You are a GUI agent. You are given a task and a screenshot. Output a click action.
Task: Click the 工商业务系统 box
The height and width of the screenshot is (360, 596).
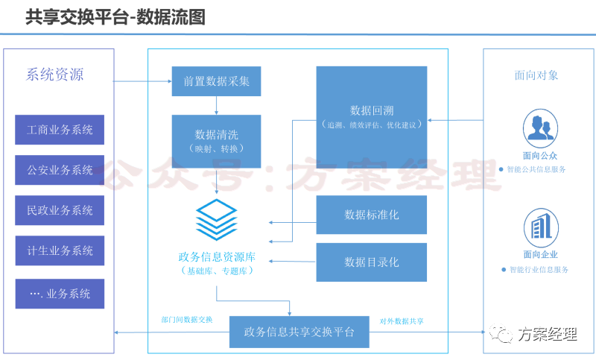tap(60, 130)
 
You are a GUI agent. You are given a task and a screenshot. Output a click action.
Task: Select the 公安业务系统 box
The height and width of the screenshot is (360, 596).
tap(60, 170)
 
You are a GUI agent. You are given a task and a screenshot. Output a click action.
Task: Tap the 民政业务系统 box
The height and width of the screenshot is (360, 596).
tap(60, 210)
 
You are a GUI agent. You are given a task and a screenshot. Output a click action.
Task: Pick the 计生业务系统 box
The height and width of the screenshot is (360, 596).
tap(60, 250)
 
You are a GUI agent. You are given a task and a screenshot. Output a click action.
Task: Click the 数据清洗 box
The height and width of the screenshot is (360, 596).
tap(216, 141)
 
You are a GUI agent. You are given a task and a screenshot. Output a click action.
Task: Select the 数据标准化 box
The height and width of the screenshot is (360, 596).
tap(371, 215)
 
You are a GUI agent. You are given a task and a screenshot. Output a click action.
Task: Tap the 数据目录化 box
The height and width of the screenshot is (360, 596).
tap(371, 262)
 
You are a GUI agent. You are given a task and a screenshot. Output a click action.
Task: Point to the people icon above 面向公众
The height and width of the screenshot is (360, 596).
tap(539, 127)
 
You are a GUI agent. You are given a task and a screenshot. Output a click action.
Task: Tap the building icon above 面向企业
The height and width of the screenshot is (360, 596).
tap(539, 227)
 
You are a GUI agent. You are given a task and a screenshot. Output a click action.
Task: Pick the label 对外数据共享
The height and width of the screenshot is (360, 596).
tap(402, 320)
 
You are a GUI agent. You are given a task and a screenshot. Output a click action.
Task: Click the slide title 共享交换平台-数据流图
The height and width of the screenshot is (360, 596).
tap(115, 16)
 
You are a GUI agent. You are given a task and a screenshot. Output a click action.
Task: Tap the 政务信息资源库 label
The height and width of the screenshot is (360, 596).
tap(217, 257)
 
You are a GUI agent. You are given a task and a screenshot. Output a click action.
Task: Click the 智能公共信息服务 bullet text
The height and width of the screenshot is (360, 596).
tap(536, 169)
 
